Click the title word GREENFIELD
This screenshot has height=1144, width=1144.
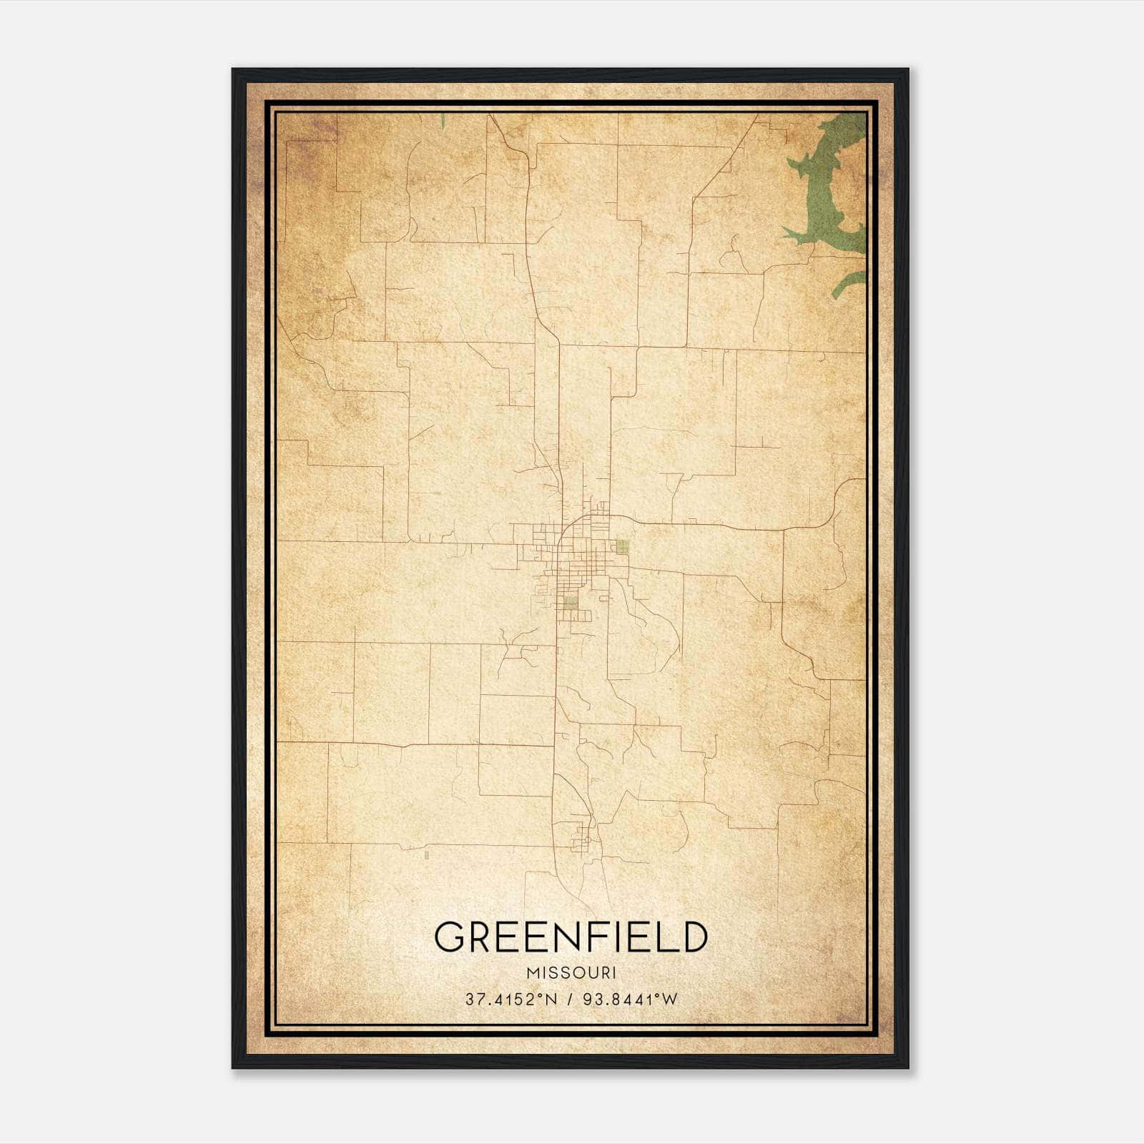point(571,937)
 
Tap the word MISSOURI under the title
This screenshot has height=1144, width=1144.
point(571,973)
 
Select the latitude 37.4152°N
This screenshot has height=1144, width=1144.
point(511,1000)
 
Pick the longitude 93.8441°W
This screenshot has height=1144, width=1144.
point(630,1000)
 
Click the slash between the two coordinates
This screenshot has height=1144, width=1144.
point(570,1000)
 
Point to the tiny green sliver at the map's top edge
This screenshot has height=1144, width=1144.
point(443,121)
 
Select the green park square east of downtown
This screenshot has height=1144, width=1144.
point(622,547)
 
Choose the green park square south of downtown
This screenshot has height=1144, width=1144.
point(570,603)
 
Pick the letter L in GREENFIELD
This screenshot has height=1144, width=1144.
point(664,937)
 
